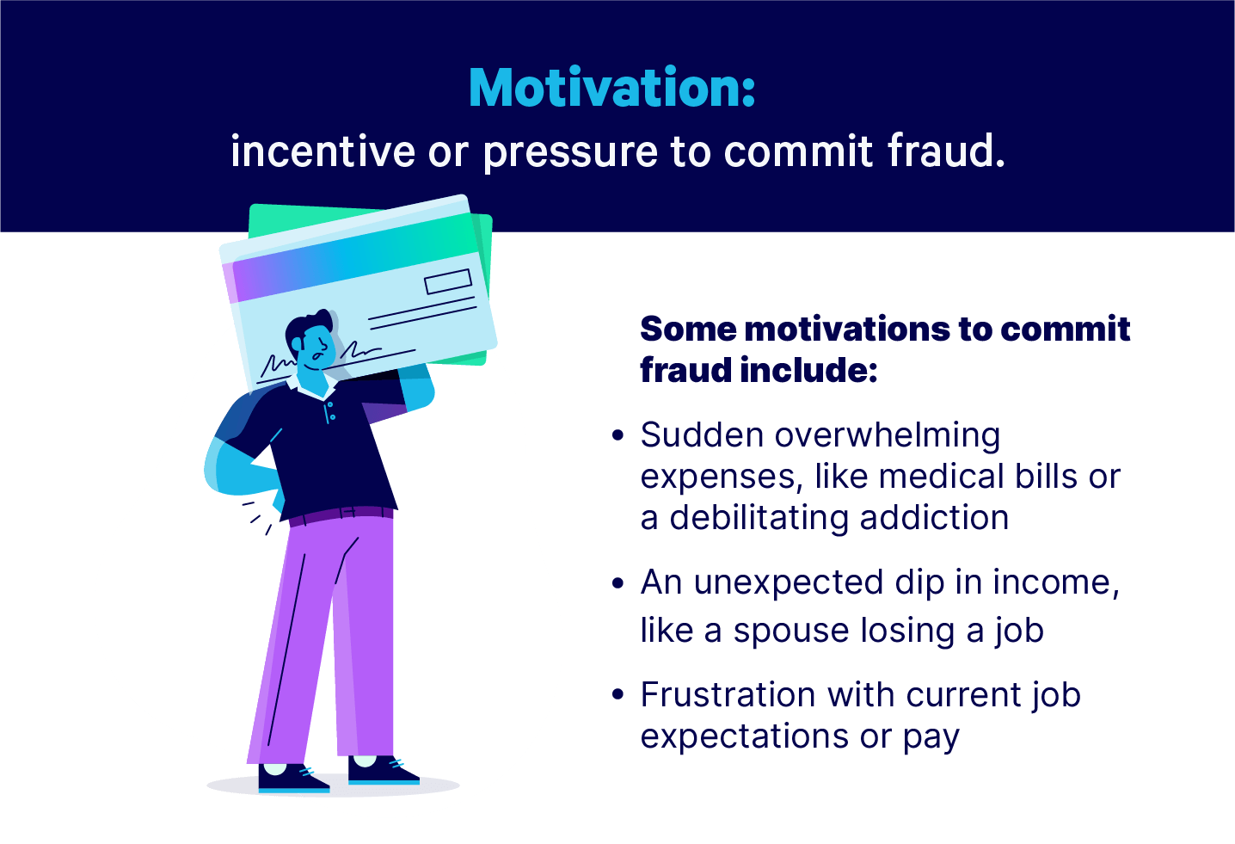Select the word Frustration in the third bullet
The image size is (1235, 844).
728,694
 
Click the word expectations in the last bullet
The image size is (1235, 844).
744,737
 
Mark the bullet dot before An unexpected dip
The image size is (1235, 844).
618,583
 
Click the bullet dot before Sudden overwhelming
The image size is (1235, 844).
618,435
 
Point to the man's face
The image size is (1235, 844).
317,348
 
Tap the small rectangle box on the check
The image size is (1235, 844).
448,281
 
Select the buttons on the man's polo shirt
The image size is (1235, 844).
331,411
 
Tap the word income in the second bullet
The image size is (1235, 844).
1056,583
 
